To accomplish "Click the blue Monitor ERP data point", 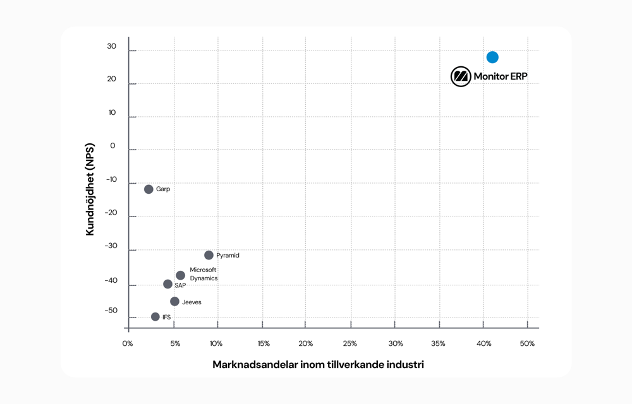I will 492,57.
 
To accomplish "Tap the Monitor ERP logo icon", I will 461,76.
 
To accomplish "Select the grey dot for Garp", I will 149,189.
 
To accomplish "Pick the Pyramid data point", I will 209,255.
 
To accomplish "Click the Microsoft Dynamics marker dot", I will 180,275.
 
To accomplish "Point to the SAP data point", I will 167,284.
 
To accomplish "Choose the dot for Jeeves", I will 174,302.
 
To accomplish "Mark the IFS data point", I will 155,317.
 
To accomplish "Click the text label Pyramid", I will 228,256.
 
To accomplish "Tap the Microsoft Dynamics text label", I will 204,274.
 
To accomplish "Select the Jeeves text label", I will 191,302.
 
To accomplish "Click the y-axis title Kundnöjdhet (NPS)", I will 90,189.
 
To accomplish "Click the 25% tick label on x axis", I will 349,343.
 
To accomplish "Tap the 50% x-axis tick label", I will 527,343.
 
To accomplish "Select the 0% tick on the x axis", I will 128,343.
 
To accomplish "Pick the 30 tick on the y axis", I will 111,47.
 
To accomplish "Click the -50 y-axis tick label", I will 111,311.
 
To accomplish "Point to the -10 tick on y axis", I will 111,180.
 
